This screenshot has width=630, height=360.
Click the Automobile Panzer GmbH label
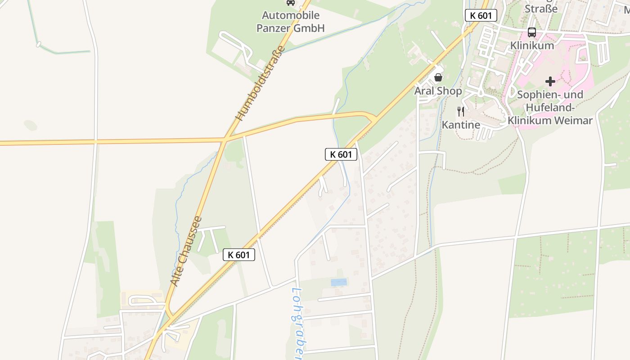point(290,22)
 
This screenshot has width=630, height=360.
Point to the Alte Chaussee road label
point(186,251)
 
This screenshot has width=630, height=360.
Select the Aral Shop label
point(438,91)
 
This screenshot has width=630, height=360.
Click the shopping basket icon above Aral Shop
point(438,77)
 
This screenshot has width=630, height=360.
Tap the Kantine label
point(461,125)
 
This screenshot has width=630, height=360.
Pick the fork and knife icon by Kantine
point(460,112)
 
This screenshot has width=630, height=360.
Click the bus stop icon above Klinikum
point(531,32)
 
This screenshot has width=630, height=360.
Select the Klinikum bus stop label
point(532,45)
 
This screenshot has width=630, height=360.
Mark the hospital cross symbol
point(550,81)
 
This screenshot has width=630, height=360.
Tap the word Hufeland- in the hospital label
point(550,108)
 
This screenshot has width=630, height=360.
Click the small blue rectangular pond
point(339,282)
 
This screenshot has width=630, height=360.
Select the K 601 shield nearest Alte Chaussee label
point(239,255)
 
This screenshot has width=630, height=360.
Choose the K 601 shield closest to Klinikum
point(481,15)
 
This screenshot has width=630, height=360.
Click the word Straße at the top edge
point(541,8)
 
